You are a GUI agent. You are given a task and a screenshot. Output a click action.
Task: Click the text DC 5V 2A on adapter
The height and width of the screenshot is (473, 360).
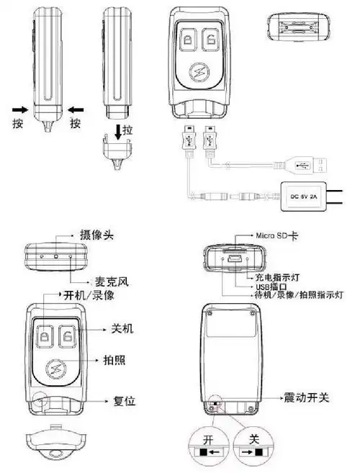303,194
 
